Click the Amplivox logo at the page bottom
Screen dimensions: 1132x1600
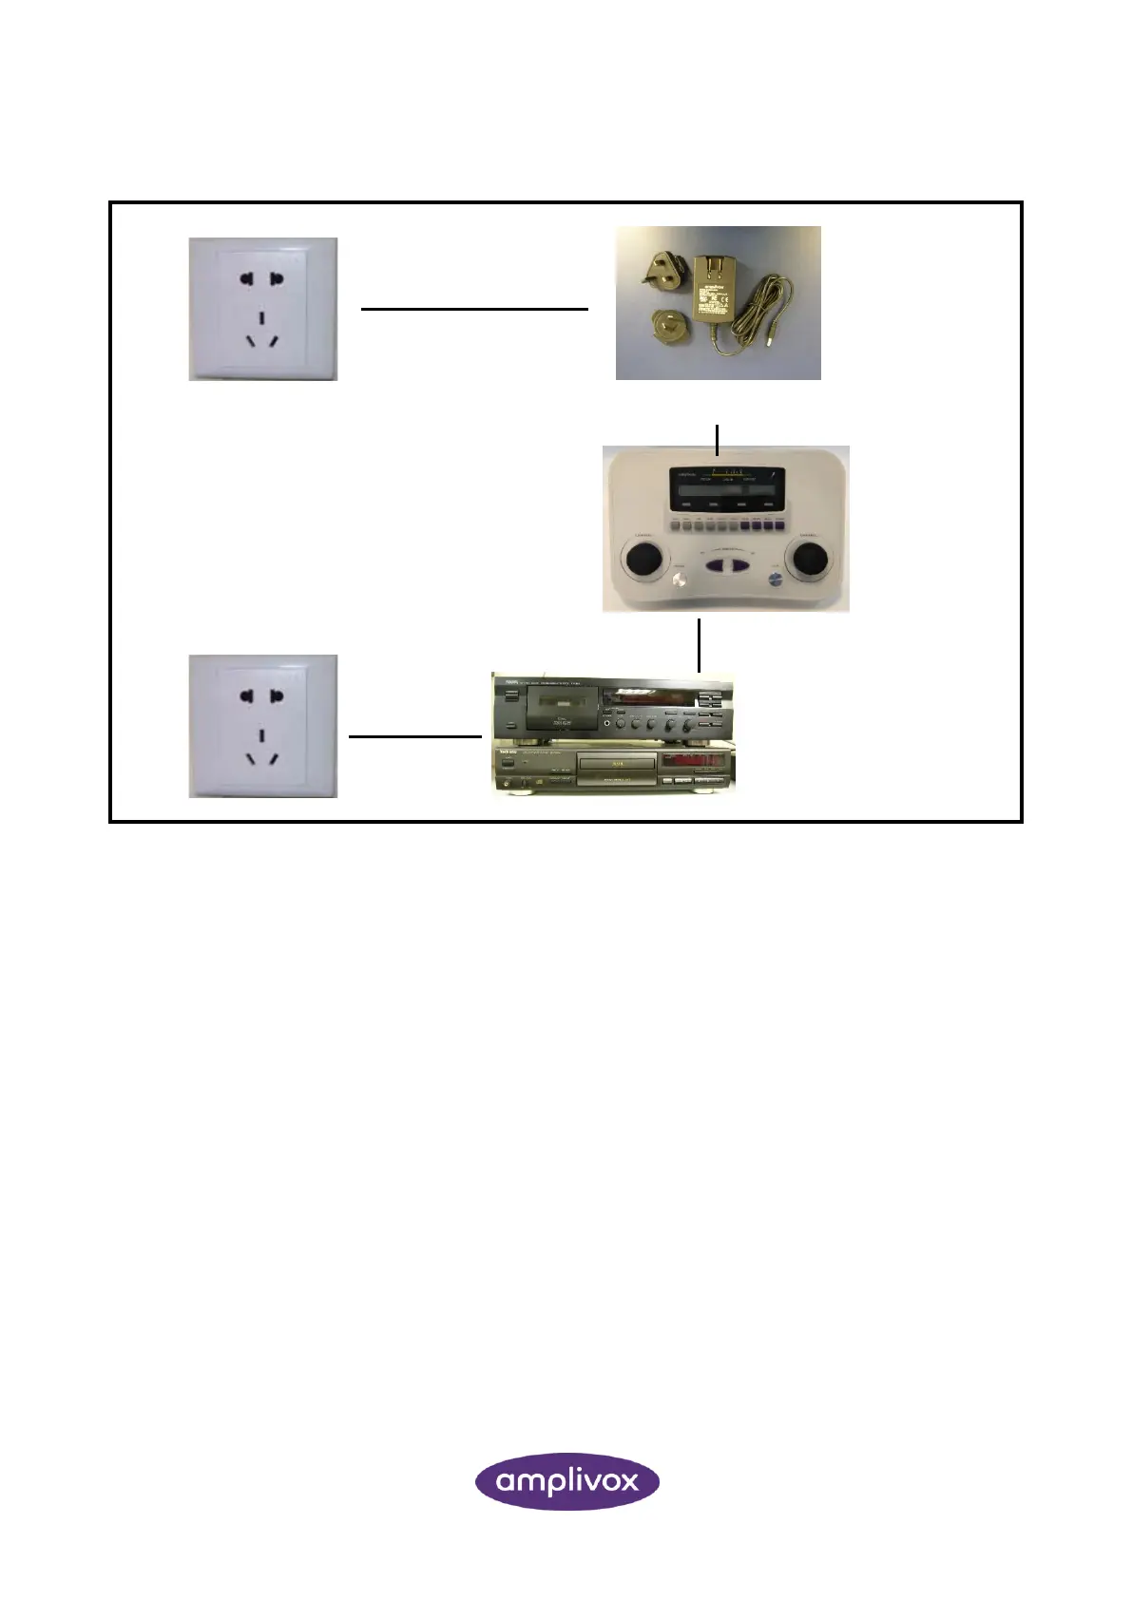tap(566, 1480)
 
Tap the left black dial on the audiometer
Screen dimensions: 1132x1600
tap(644, 558)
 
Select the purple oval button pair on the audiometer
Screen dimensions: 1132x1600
tap(727, 566)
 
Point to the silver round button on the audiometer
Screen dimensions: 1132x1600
tap(680, 581)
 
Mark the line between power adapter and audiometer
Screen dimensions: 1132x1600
tap(717, 438)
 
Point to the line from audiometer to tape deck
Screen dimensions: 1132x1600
tap(699, 645)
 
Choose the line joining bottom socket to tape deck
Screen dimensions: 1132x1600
tap(415, 736)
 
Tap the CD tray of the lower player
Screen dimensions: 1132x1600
tap(618, 763)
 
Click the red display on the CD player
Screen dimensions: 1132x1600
tap(696, 761)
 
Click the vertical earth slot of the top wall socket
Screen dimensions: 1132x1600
tap(261, 316)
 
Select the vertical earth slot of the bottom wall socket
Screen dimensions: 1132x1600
tap(261, 733)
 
